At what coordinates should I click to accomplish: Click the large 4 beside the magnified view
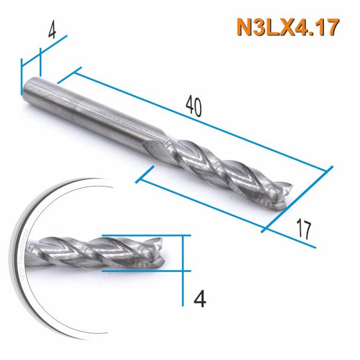pos(202,298)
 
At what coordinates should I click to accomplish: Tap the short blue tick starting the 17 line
pos(145,174)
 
